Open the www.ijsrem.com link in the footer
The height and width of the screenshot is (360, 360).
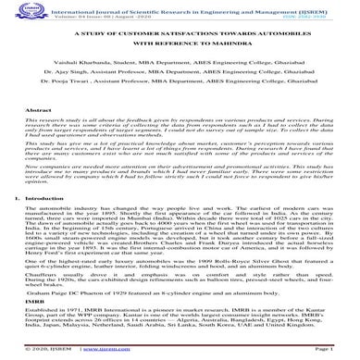[x=180, y=353]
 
